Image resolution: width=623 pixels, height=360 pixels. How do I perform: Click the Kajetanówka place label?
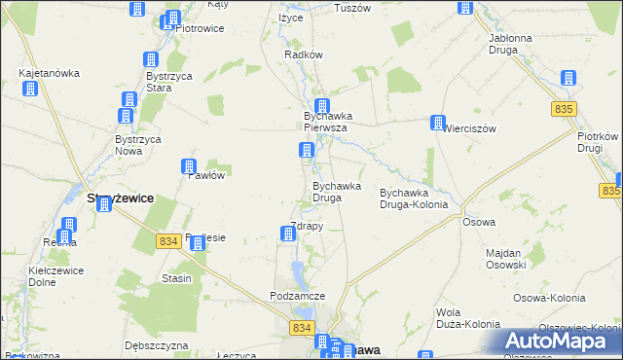click(49, 73)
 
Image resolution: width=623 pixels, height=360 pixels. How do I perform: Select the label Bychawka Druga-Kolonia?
click(414, 198)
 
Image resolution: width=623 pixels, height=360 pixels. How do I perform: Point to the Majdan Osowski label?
click(506, 259)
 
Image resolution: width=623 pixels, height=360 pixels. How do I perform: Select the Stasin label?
click(177, 278)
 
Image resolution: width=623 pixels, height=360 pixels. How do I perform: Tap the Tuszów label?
click(352, 8)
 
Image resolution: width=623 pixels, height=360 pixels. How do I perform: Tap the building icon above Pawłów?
click(190, 167)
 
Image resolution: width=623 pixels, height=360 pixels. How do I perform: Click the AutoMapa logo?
click(559, 341)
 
